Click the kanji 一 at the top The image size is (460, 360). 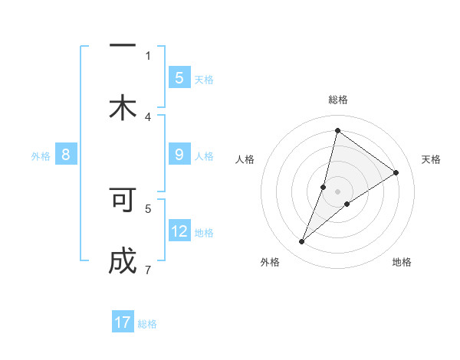[123, 46]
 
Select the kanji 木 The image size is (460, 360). [123, 107]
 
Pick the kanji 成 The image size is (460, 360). [123, 261]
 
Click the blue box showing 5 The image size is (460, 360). [179, 78]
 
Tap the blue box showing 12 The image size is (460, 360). [179, 231]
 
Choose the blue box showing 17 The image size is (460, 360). [123, 322]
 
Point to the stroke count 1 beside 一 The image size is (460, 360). [148, 55]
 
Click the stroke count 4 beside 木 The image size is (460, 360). [148, 116]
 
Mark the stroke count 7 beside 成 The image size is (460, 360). [148, 270]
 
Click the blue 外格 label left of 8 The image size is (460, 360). [41, 156]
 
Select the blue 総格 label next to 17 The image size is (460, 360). [147, 323]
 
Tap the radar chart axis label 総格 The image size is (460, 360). [338, 100]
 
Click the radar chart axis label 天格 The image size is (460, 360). [431, 159]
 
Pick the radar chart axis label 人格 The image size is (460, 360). [245, 159]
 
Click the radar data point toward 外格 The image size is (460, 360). [302, 242]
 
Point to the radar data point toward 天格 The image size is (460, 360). [396, 172]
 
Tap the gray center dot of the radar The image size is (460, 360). [338, 191]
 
